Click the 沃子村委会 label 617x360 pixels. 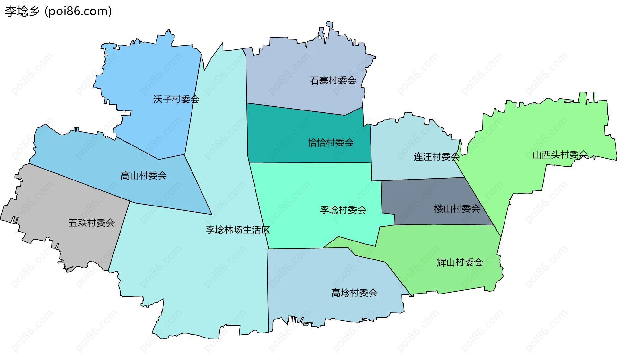click(x=176, y=99)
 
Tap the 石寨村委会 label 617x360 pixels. click(x=333, y=80)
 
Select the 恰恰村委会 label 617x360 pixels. click(x=331, y=142)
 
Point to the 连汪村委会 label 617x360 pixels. click(x=436, y=157)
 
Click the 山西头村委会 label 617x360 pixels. click(x=560, y=155)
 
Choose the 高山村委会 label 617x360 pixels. click(x=143, y=175)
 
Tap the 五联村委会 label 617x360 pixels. click(x=92, y=223)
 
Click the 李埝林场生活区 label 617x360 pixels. click(x=237, y=230)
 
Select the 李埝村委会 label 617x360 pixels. click(x=343, y=210)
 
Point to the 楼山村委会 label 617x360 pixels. click(x=457, y=209)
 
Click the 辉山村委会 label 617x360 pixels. click(x=460, y=262)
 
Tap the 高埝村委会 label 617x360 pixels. click(x=354, y=293)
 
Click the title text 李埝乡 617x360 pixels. click(x=22, y=12)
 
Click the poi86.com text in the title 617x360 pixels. click(x=78, y=12)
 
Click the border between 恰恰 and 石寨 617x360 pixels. click(x=296, y=109)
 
